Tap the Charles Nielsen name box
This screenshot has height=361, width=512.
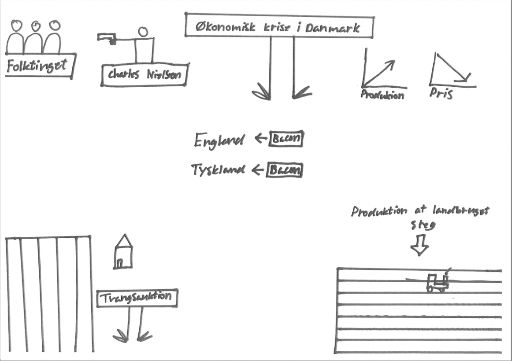(143, 75)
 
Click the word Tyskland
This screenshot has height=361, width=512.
(218, 170)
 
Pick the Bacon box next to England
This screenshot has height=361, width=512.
(286, 139)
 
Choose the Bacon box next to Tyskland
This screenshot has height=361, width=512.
(285, 170)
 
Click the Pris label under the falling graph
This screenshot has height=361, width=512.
(441, 94)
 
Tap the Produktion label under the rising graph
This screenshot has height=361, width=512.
(382, 94)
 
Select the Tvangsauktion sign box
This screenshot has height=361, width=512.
(137, 298)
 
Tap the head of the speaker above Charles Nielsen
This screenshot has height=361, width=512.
(143, 32)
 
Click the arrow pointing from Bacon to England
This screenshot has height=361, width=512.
(261, 139)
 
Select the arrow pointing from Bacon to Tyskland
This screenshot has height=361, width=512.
(258, 170)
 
